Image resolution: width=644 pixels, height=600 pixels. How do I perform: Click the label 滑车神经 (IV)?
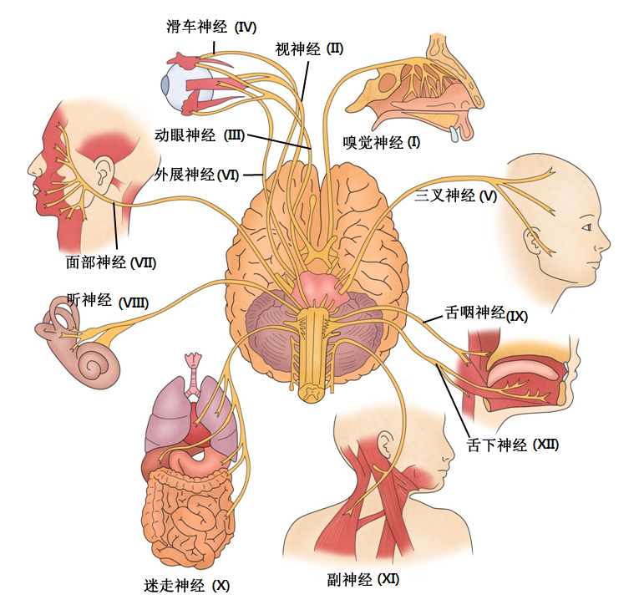[211, 27]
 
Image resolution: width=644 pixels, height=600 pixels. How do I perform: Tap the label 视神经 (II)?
[309, 49]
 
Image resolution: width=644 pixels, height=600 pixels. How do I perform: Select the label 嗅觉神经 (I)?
[382, 143]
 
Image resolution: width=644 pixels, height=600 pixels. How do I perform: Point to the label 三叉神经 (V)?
[455, 196]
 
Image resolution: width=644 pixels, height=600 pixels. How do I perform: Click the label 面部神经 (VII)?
[111, 262]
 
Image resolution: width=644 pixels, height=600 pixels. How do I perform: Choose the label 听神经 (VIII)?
[108, 301]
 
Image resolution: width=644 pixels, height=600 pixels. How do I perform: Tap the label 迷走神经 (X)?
[186, 585]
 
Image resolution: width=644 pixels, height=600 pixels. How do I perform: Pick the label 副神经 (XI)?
[363, 579]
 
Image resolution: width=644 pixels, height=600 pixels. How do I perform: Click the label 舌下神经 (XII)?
[513, 445]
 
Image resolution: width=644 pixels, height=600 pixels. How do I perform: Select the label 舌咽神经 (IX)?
[486, 313]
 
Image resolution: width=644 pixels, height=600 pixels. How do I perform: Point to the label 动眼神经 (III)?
[200, 135]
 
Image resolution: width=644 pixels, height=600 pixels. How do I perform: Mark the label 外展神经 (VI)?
[196, 175]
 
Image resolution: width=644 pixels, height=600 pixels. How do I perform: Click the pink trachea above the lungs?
[193, 375]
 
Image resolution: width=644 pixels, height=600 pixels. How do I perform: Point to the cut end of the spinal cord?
[313, 392]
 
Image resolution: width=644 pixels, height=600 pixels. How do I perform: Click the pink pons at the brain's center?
[320, 287]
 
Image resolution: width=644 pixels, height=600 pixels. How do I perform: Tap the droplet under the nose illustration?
[454, 134]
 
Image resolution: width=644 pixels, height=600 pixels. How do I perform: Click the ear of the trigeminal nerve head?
[532, 241]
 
